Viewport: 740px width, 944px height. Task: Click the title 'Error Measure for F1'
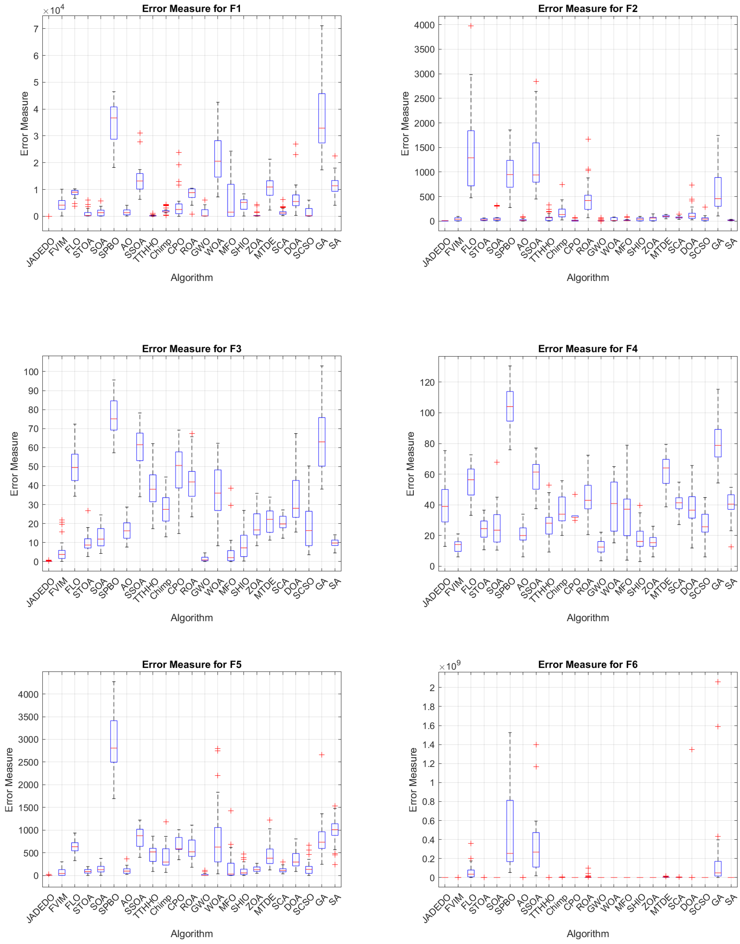click(192, 9)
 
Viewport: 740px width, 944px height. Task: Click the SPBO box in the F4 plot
click(510, 406)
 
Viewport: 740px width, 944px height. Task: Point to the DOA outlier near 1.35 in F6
click(692, 750)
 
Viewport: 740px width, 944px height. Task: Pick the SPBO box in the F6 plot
click(510, 831)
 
